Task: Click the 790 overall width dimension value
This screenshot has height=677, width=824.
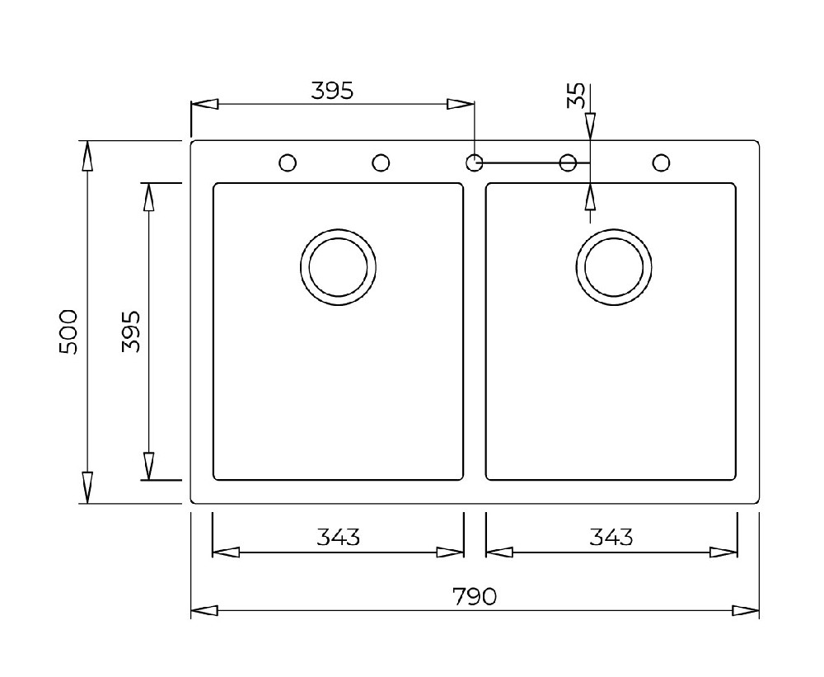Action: point(474,596)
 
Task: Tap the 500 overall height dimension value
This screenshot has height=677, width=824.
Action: point(68,332)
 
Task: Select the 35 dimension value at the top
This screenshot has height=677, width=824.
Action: point(576,95)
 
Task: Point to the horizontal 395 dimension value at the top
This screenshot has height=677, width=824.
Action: point(332,91)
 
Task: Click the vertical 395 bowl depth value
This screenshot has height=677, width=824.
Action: point(131,331)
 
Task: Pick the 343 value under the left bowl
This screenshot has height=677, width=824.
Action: point(338,537)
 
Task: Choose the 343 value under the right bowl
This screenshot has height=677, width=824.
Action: point(611,537)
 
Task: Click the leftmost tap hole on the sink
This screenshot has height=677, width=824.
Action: point(287,162)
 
